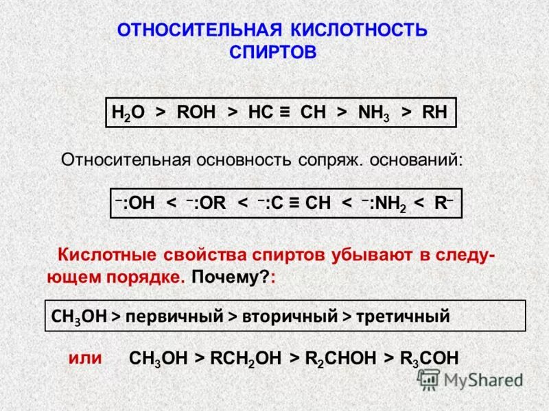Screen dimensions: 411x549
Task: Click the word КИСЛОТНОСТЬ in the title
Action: click(360, 29)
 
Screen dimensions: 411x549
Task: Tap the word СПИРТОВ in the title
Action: click(272, 52)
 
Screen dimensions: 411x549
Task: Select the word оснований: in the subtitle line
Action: click(417, 160)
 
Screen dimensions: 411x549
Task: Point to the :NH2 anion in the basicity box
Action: click(383, 203)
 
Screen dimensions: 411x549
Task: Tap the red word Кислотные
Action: click(106, 256)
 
